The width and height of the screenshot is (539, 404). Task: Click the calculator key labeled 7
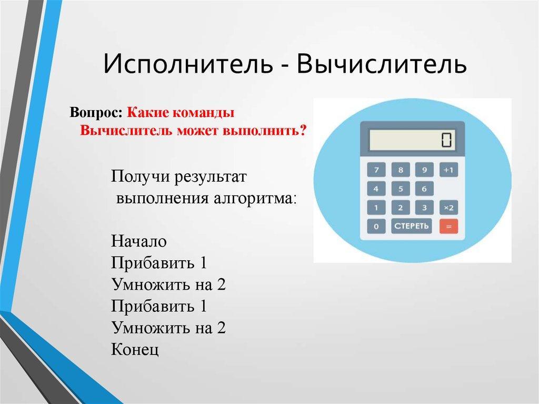[376, 170]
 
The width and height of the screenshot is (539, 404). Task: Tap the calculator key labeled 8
[401, 170]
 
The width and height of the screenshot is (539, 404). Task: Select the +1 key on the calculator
[448, 170]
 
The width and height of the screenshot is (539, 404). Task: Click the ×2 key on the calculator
[448, 208]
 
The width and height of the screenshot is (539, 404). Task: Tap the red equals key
[448, 226]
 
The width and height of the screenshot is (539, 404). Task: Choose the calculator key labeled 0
[376, 226]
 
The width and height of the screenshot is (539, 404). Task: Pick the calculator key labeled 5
[401, 189]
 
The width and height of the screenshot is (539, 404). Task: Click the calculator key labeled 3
[425, 208]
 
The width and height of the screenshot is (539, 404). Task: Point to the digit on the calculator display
[446, 140]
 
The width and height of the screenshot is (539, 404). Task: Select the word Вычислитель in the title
[381, 64]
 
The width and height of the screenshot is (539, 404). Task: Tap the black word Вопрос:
[96, 113]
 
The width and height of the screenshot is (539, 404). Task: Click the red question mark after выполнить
[303, 130]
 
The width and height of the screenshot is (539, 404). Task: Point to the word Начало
[139, 241]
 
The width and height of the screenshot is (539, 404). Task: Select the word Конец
[135, 350]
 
